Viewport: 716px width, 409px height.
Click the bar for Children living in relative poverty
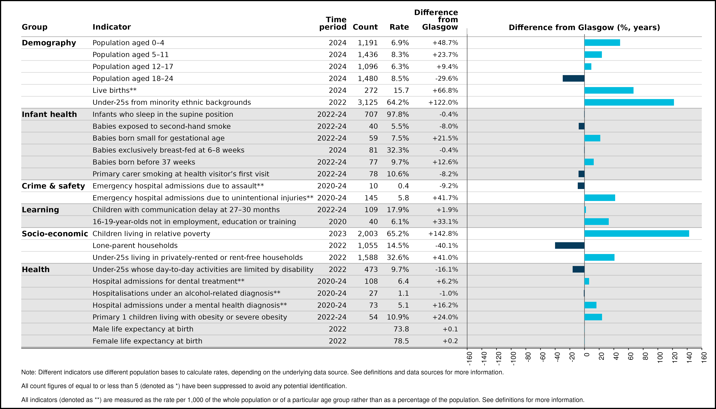coord(637,233)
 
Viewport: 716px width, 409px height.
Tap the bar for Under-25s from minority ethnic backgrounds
coord(629,102)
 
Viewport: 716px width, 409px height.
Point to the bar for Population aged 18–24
coord(574,78)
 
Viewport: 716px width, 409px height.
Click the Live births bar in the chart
coord(609,90)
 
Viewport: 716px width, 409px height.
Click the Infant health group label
coord(49,114)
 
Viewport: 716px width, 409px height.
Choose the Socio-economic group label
coord(55,234)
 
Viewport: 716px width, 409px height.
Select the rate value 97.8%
coord(398,114)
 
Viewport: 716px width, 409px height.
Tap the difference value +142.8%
coord(443,234)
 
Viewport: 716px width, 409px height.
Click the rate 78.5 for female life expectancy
coord(401,341)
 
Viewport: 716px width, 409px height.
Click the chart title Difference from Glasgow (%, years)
coord(584,27)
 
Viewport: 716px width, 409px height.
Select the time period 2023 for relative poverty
coord(338,234)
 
